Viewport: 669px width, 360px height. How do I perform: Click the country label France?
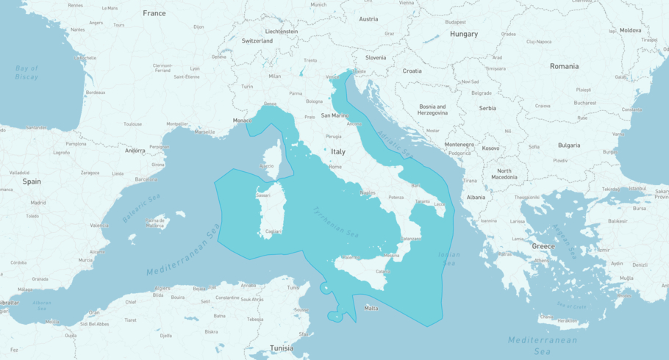pos(154,13)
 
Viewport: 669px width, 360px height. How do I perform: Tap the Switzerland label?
pos(257,41)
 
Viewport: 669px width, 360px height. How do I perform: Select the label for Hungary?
pos(464,34)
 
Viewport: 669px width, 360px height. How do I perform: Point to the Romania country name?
pos(565,66)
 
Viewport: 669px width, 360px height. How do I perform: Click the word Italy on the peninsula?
pos(338,152)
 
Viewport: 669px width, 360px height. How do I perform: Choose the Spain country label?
pos(32,181)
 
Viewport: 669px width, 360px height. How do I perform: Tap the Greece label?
pos(543,246)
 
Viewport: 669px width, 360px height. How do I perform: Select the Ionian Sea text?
pos(448,259)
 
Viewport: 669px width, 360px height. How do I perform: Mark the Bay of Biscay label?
pos(26,72)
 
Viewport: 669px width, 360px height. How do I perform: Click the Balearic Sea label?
pos(142,209)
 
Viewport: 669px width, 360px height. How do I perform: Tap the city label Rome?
pos(335,167)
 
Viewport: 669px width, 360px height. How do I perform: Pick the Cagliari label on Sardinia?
pos(273,231)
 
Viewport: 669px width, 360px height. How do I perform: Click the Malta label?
pos(371,308)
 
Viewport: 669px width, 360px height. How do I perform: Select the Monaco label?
pos(242,120)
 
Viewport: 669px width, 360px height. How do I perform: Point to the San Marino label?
pos(334,115)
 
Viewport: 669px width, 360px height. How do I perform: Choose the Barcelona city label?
pos(146,179)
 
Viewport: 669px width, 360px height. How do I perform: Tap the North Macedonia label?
pos(504,174)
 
